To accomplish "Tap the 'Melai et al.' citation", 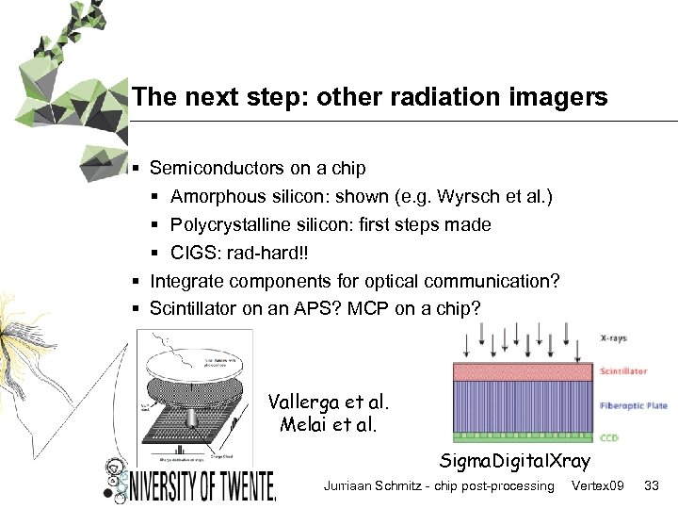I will [x=329, y=424].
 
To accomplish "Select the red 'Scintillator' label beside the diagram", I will [x=623, y=371].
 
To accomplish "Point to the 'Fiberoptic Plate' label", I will [x=633, y=405].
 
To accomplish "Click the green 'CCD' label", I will [x=611, y=437].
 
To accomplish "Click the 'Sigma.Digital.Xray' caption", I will [x=514, y=461].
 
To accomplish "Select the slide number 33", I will [x=650, y=485].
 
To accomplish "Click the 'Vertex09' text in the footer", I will [x=598, y=485].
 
